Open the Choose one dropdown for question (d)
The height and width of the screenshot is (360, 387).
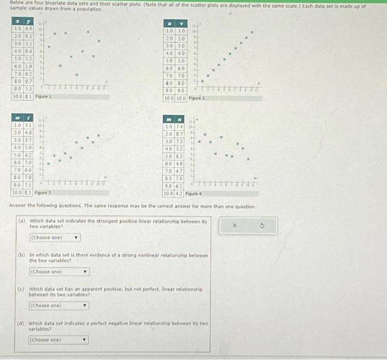[58, 340]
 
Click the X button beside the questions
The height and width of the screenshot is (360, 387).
[234, 225]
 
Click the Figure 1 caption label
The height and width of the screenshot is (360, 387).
[43, 97]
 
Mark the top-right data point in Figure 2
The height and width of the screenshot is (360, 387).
[252, 33]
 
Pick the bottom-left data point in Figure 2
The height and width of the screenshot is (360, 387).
[202, 81]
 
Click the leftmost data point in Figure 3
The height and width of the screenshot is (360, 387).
[49, 164]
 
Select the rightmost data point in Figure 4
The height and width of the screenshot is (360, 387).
[248, 160]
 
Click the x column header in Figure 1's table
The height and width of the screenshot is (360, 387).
[18, 20]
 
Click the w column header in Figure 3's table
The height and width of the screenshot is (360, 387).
[18, 117]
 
